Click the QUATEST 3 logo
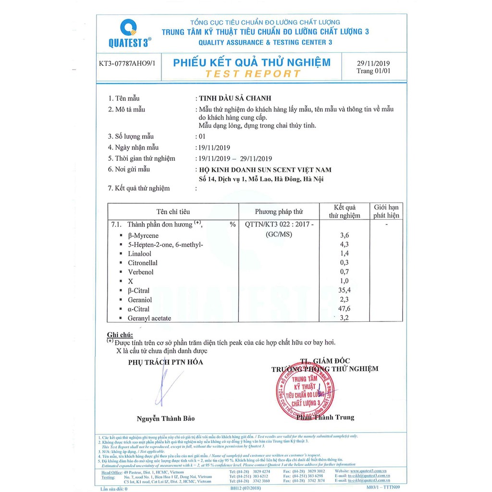click(129, 33)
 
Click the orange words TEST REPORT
click(252, 74)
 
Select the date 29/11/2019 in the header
click(374, 63)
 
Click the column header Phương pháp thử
click(279, 211)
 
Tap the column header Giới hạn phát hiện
click(386, 211)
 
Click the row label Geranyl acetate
click(149, 318)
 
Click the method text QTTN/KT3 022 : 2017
click(279, 224)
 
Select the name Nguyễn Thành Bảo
click(166, 418)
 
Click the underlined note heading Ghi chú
click(120, 334)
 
